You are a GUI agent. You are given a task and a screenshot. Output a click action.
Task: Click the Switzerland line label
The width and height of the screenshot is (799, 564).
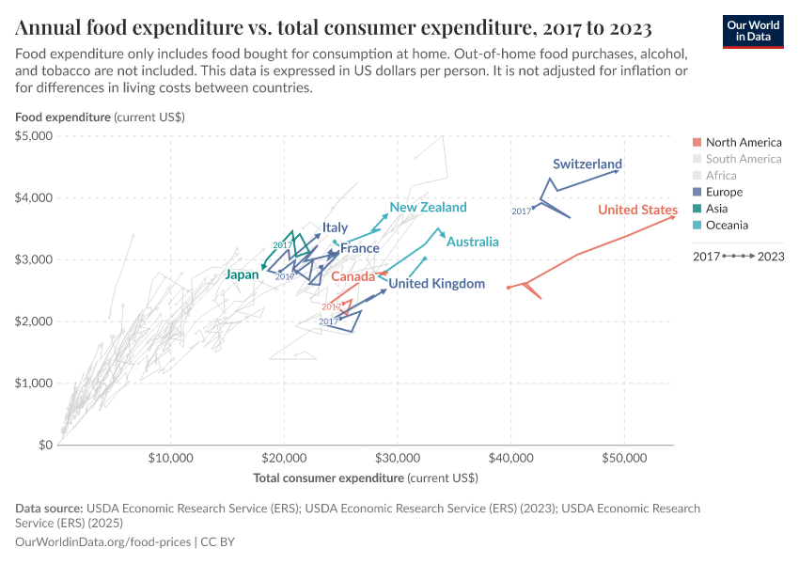(x=587, y=164)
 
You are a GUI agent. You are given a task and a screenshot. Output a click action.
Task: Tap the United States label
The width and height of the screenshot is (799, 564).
(x=637, y=210)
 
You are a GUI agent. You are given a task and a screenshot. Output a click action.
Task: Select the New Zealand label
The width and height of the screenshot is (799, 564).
(x=428, y=207)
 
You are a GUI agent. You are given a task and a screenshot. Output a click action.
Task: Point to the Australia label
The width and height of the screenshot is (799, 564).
(x=472, y=242)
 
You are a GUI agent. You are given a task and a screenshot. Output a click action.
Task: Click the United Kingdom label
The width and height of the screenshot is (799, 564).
(x=437, y=283)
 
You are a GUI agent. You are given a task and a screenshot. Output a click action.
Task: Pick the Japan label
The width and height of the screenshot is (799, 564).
(x=242, y=274)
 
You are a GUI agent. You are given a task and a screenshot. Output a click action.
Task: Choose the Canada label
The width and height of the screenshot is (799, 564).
(x=352, y=277)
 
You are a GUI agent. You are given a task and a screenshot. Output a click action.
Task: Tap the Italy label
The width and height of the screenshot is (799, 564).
(x=335, y=227)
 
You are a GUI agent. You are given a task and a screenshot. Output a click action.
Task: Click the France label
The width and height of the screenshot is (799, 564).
(x=359, y=248)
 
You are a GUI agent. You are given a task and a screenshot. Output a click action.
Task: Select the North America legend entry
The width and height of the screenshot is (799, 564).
(x=743, y=142)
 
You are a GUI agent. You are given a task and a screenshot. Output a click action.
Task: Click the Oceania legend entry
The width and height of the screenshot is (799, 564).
(x=727, y=225)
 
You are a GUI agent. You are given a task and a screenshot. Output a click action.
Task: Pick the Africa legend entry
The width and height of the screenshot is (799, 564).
(x=721, y=175)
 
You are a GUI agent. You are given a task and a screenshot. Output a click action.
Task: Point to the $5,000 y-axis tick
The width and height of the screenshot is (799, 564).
(x=34, y=136)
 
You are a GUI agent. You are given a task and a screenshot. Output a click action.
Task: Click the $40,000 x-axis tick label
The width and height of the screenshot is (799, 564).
(x=510, y=459)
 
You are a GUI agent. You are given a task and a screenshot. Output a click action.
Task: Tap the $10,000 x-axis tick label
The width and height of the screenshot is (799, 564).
(x=170, y=459)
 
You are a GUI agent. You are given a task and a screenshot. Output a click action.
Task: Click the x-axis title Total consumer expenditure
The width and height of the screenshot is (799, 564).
(x=366, y=478)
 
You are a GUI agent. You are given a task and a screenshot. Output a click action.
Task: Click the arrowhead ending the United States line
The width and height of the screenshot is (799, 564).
(x=672, y=217)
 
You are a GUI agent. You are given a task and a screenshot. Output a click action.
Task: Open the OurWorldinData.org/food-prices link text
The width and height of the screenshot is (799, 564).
(x=102, y=542)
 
